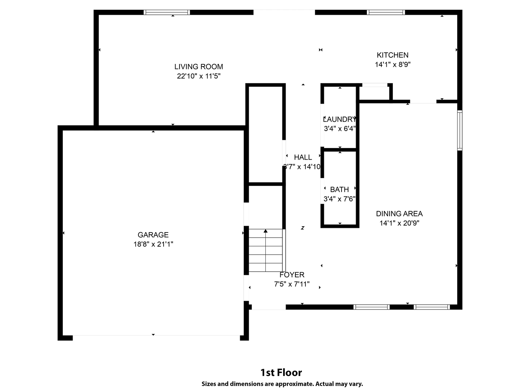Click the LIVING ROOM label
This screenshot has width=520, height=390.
[199, 67]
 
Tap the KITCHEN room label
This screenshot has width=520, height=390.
[392, 55]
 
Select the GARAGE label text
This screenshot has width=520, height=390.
[153, 235]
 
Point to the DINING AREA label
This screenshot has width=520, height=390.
[399, 214]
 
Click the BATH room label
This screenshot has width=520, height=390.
[339, 190]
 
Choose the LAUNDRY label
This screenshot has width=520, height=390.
[339, 119]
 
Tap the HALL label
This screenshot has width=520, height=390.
[303, 157]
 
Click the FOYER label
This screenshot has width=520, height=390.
[292, 275]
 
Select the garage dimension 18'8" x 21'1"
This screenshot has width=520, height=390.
[153, 244]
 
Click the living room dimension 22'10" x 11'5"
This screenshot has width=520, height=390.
[199, 76]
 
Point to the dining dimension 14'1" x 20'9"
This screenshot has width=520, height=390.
[399, 223]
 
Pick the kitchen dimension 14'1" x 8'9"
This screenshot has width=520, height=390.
[392, 64]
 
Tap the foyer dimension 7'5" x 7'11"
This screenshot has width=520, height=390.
[292, 284]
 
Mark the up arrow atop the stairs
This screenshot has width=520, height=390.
[265, 231]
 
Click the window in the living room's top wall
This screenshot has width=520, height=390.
[167, 12]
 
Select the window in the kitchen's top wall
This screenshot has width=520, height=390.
[386, 12]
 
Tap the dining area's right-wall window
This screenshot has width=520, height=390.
[460, 130]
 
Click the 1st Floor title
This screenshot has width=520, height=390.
[281, 373]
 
